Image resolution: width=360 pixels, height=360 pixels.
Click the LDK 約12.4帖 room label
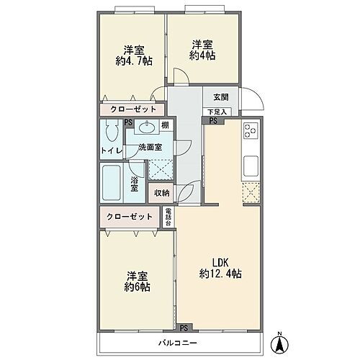[x=220, y=268]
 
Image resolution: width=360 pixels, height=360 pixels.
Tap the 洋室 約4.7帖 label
[x=133, y=55]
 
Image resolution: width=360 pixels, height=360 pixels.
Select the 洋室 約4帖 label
[x=202, y=49]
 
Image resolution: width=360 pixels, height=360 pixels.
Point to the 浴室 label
[x=135, y=184]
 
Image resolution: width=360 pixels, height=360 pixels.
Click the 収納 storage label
[x=161, y=193]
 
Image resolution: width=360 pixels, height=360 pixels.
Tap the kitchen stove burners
[x=251, y=132]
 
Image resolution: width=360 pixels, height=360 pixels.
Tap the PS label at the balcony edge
[x=184, y=327]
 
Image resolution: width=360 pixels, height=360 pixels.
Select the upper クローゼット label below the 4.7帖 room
[x=132, y=109]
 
